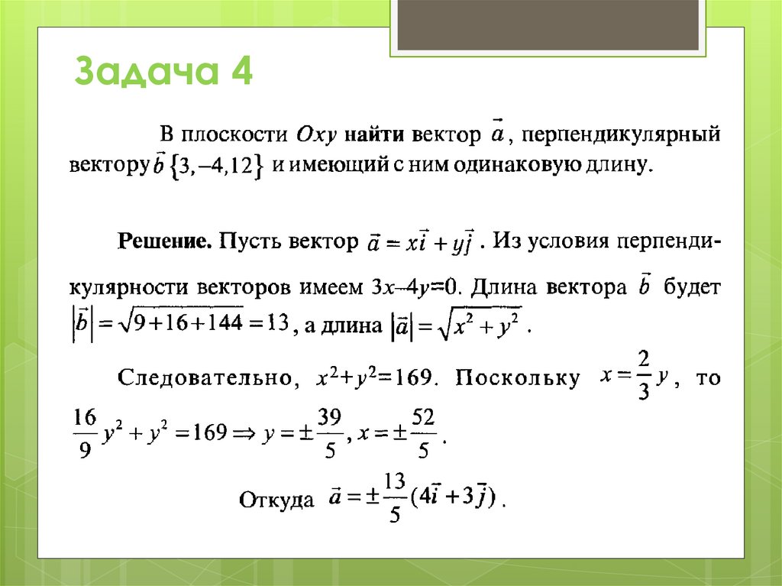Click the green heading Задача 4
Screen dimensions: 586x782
point(163,76)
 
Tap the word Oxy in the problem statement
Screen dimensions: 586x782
point(313,135)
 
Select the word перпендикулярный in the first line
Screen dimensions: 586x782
point(621,135)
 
